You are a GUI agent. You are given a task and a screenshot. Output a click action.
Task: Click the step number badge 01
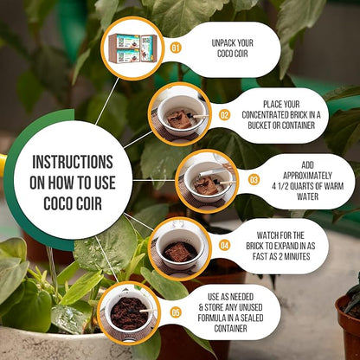[x=176, y=48]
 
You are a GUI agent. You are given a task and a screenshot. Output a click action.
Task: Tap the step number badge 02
[x=224, y=115]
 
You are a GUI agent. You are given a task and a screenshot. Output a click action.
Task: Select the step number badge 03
[x=254, y=180]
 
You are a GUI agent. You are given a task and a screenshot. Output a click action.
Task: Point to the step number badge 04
[x=224, y=246]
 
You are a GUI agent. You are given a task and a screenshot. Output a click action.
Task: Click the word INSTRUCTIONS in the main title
[x=73, y=162]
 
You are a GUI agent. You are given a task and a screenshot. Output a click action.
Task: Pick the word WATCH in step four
[x=267, y=235]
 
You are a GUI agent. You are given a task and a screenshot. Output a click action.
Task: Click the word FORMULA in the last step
[x=212, y=318]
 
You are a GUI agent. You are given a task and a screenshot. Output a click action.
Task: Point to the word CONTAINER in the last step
[x=230, y=328]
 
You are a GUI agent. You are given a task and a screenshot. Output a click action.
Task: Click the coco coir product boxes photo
[x=133, y=48]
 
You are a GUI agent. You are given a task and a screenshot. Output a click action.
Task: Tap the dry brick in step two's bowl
[x=179, y=119]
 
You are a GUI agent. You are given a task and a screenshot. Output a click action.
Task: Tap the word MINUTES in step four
[x=298, y=256]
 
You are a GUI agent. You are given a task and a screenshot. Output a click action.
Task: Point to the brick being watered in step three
[x=207, y=185]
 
